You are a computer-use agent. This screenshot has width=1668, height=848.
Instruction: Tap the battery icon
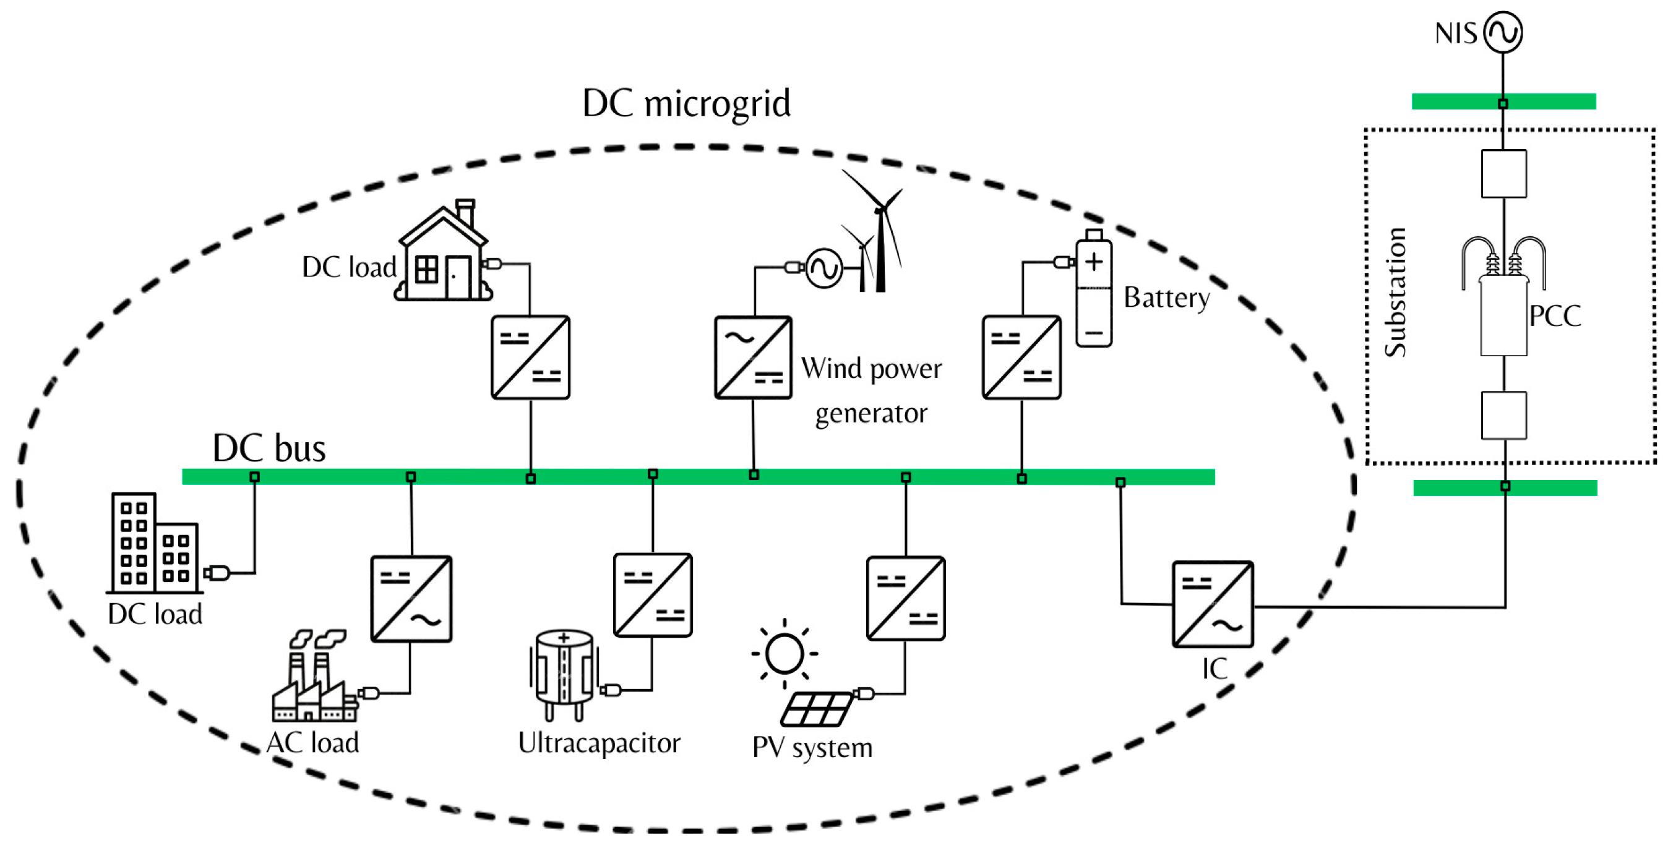tap(1094, 288)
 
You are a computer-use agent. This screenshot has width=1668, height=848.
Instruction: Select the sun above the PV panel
tap(784, 653)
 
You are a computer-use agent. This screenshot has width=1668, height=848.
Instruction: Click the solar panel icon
tap(817, 709)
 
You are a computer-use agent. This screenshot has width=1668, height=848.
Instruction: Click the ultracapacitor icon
tap(564, 676)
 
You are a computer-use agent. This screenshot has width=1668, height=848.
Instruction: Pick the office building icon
tap(155, 543)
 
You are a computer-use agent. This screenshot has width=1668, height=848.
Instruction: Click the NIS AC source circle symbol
tap(1503, 32)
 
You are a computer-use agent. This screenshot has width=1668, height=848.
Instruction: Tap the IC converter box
tap(1213, 604)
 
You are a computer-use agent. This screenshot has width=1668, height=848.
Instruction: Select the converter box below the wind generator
tap(753, 358)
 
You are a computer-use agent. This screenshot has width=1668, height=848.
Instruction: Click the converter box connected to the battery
tap(1022, 358)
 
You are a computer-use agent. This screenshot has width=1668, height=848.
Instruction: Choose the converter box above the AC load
tap(411, 599)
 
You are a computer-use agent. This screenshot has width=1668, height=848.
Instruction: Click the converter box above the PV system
tap(906, 598)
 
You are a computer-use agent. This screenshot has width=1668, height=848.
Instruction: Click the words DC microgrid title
tap(686, 103)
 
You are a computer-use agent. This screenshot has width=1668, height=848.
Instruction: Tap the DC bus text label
tap(269, 448)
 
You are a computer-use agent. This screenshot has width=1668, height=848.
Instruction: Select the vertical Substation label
tap(1395, 292)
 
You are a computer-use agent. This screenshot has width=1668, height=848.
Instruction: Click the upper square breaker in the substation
tap(1503, 173)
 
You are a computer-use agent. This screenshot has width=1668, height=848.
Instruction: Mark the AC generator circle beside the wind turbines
tap(823, 268)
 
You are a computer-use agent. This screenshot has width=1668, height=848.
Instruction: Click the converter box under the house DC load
tap(530, 358)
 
